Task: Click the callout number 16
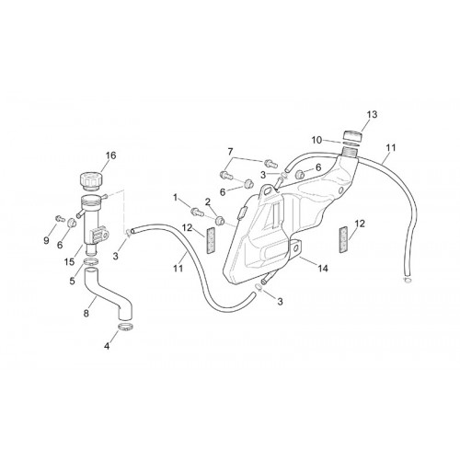point(111,155)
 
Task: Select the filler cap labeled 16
point(88,180)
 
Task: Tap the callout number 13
point(372,114)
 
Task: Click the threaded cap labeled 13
point(352,135)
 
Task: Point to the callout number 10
point(317,141)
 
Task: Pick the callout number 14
point(323,269)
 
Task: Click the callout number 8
point(86,313)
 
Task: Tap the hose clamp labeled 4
point(126,328)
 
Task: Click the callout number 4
point(107,346)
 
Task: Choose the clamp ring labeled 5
point(91,262)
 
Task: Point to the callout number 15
point(70,261)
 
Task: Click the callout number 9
point(46,240)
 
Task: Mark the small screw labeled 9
point(59,218)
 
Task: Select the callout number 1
point(176,198)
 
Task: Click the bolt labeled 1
point(196,211)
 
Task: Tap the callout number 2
point(208,202)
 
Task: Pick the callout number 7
point(230,152)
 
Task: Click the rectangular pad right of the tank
point(343,239)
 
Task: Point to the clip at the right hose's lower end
point(408,280)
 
